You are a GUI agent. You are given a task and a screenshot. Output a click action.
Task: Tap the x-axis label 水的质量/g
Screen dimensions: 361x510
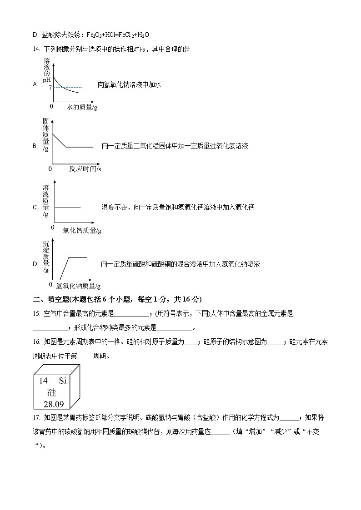pyautogui.click(x=82, y=107)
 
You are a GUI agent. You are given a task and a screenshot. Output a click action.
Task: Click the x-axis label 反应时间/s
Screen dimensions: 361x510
pyautogui.click(x=85, y=169)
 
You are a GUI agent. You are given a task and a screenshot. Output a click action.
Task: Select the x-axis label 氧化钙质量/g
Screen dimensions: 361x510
pyautogui.click(x=82, y=230)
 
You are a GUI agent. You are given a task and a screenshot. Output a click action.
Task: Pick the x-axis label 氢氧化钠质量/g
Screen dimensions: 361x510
pyautogui.click(x=78, y=286)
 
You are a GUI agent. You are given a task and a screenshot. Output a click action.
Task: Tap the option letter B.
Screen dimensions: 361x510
pyautogui.click(x=35, y=146)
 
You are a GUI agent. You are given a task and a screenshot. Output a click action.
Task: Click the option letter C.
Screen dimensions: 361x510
pyautogui.click(x=35, y=208)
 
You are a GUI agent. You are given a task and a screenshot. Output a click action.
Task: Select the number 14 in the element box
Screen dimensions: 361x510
pyautogui.click(x=43, y=381)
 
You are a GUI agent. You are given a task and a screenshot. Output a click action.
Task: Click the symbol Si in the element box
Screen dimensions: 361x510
pyautogui.click(x=63, y=381)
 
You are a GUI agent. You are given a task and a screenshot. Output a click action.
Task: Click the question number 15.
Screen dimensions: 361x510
pyautogui.click(x=36, y=313)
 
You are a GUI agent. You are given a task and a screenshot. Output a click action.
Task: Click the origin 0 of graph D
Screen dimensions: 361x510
pyautogui.click(x=50, y=284)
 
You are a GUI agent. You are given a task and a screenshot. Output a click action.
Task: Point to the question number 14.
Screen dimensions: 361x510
pyautogui.click(x=36, y=50)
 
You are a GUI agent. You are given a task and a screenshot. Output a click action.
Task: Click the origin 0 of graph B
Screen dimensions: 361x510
pyautogui.click(x=50, y=168)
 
